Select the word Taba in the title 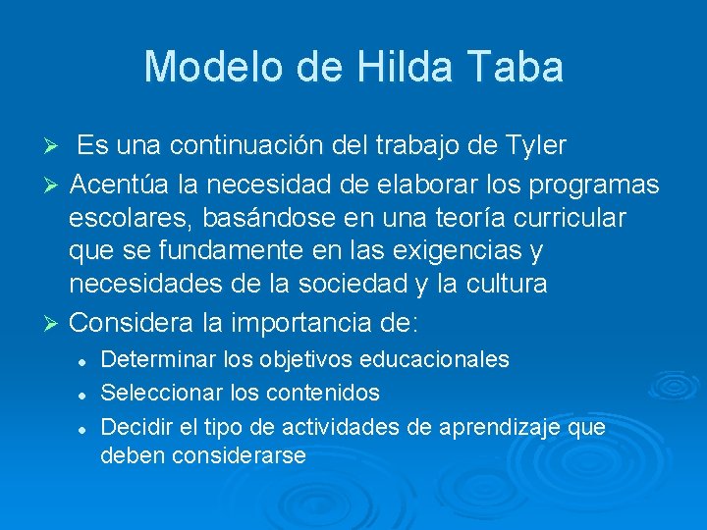coord(517,67)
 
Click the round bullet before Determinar coord(85,360)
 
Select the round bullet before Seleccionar coord(85,394)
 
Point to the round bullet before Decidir coord(85,428)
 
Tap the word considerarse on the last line coord(239,455)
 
